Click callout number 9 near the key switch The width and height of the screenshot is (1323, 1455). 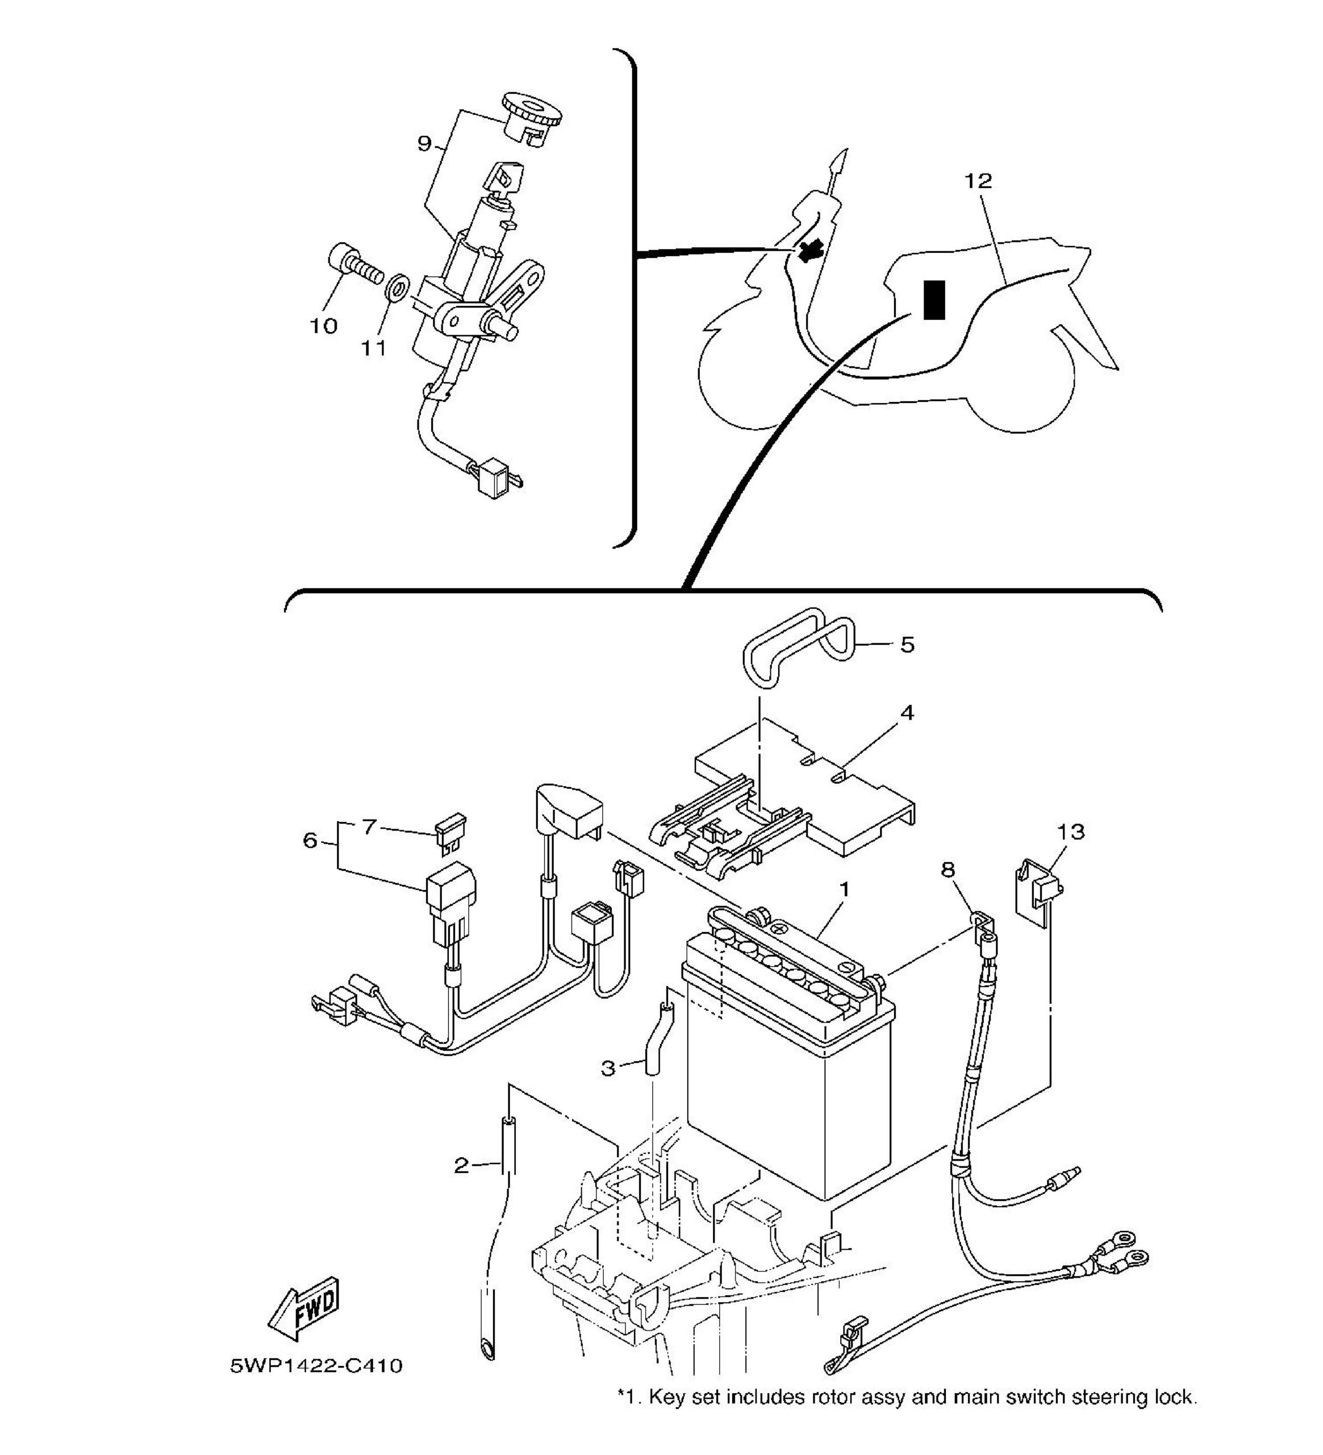pyautogui.click(x=425, y=144)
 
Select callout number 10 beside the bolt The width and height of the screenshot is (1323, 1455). pyautogui.click(x=324, y=326)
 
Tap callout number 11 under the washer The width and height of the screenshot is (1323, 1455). pyautogui.click(x=374, y=348)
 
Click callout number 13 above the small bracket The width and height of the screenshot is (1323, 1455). pyautogui.click(x=1071, y=832)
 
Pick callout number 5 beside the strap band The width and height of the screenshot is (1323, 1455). pyautogui.click(x=908, y=645)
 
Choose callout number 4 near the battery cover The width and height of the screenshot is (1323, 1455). pyautogui.click(x=908, y=713)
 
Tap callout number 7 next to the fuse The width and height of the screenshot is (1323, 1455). pyautogui.click(x=369, y=826)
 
